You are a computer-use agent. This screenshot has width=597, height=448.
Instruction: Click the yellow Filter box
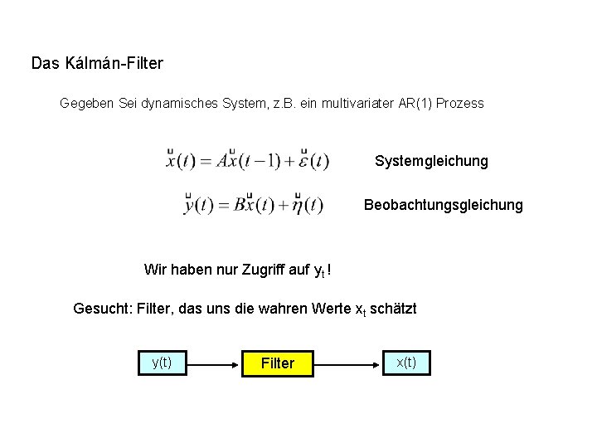tap(278, 363)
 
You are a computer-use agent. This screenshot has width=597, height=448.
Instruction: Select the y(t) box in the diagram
tap(162, 363)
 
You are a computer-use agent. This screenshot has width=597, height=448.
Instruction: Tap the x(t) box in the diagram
tap(407, 363)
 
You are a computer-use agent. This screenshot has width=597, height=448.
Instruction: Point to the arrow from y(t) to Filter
tap(214, 363)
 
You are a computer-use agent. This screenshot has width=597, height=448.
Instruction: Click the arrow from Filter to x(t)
tap(349, 363)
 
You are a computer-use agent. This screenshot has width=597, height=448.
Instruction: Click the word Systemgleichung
tap(431, 160)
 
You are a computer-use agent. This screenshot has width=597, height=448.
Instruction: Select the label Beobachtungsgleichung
tap(444, 204)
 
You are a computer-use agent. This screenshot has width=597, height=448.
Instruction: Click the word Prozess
tap(458, 105)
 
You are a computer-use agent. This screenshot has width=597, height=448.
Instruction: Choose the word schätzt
tap(394, 309)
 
